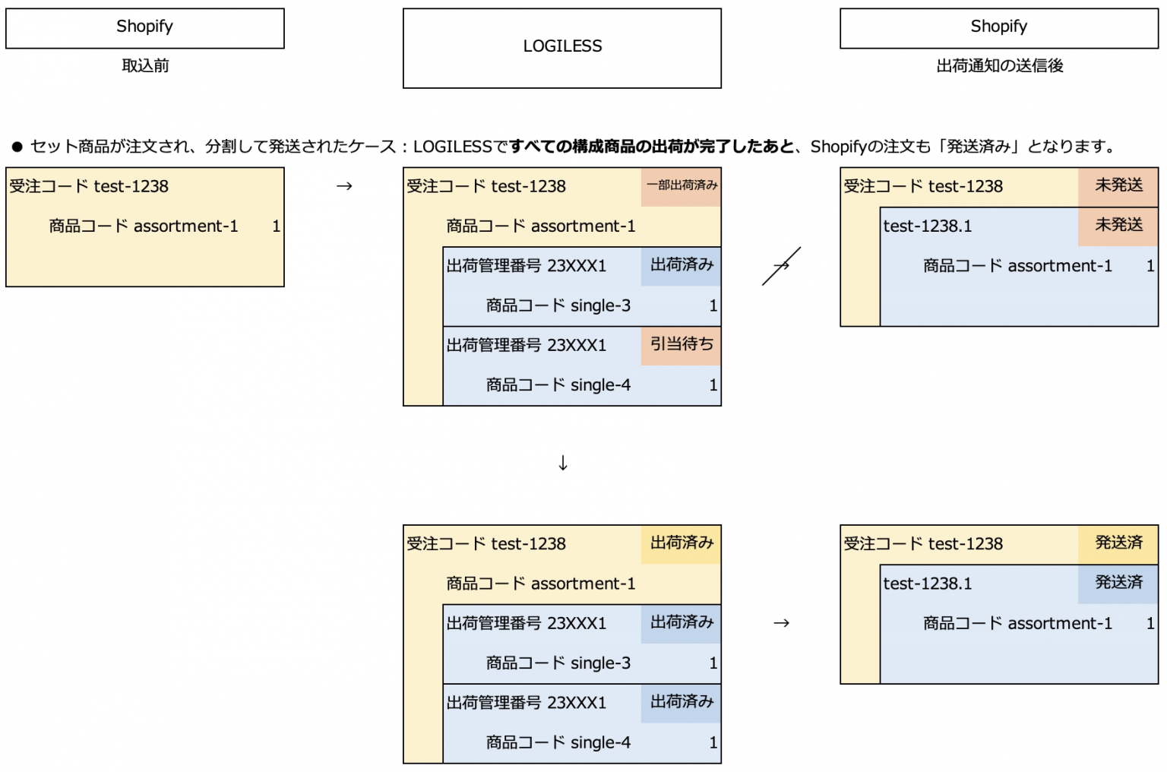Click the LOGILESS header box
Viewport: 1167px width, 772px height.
tap(562, 47)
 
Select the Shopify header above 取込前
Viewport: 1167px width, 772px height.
tap(144, 27)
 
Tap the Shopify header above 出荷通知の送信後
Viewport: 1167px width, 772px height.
tap(998, 27)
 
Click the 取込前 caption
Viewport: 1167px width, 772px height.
tap(145, 66)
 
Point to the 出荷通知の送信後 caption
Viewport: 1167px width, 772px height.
tap(999, 66)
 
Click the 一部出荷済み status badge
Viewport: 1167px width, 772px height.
tap(682, 186)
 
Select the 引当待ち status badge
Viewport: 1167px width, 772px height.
tap(682, 345)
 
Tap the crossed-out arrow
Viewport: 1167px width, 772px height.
tap(781, 266)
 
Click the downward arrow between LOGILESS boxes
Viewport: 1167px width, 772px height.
tap(562, 463)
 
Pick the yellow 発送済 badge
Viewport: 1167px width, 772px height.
tap(1118, 543)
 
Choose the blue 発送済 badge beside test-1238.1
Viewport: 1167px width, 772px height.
tap(1118, 583)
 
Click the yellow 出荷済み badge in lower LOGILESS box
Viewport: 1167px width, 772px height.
tap(682, 543)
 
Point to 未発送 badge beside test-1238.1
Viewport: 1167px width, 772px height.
tap(1118, 226)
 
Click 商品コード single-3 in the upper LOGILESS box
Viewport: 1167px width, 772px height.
tap(558, 305)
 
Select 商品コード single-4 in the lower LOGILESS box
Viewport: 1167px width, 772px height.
tap(558, 742)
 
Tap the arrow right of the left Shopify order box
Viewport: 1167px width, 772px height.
tap(344, 186)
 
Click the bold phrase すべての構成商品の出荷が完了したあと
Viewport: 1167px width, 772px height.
tap(652, 147)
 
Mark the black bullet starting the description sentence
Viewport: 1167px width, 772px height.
tap(17, 147)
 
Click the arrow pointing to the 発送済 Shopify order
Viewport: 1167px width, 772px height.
tap(781, 623)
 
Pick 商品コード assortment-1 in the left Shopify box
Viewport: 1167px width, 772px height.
tap(144, 226)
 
